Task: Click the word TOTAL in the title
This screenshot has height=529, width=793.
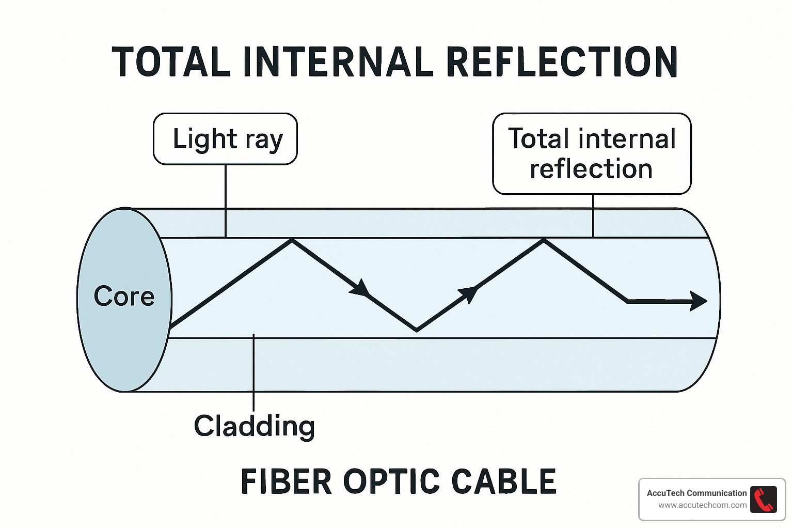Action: [171, 62]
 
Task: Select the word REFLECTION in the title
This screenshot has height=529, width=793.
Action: [561, 62]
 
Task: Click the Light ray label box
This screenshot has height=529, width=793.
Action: [226, 139]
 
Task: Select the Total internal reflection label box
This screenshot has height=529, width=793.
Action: [592, 153]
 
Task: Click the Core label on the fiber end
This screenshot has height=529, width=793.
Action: [124, 297]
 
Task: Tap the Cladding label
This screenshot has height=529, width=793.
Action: [254, 426]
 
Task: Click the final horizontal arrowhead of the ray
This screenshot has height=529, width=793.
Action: [699, 301]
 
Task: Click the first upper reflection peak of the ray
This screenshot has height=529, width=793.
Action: [292, 240]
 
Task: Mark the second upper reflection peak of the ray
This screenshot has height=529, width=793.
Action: [544, 240]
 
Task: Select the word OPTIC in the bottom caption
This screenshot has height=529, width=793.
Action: [391, 481]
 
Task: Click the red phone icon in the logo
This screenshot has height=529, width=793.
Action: [764, 500]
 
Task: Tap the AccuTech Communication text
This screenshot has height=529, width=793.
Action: [696, 493]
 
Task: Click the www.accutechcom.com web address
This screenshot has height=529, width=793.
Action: [702, 505]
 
